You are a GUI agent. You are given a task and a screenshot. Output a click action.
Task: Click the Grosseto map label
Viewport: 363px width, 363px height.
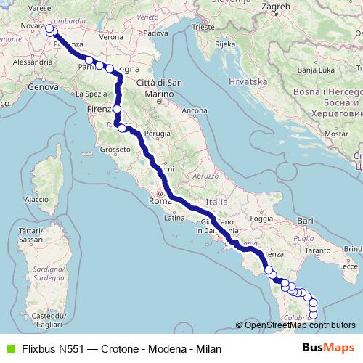coord(114,149)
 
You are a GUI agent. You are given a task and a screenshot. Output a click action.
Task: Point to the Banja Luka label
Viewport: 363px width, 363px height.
coord(317,69)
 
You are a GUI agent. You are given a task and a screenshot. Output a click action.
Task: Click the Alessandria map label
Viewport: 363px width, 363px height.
coord(31,62)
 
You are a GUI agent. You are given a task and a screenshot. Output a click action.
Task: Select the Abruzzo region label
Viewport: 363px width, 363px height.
coord(205,176)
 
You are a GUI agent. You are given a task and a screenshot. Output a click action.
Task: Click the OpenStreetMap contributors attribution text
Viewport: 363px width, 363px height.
coord(299,325)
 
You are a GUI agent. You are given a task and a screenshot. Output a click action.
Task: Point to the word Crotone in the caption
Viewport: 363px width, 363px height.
coord(115,348)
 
